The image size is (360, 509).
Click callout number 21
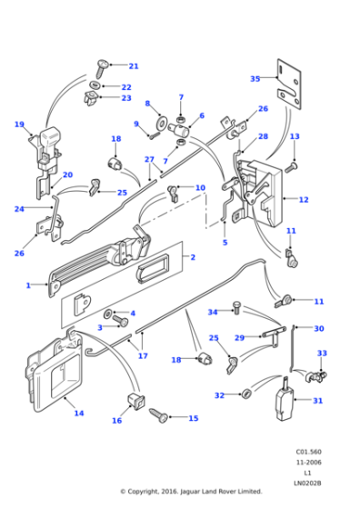pyautogui.click(x=133, y=66)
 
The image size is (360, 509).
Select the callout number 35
pyautogui.click(x=255, y=79)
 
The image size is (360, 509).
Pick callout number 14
pyautogui.click(x=78, y=414)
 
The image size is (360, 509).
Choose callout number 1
pyautogui.click(x=28, y=285)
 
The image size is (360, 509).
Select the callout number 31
pyautogui.click(x=318, y=401)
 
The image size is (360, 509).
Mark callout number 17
pyautogui.click(x=143, y=356)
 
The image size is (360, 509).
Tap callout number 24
pyautogui.click(x=18, y=209)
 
